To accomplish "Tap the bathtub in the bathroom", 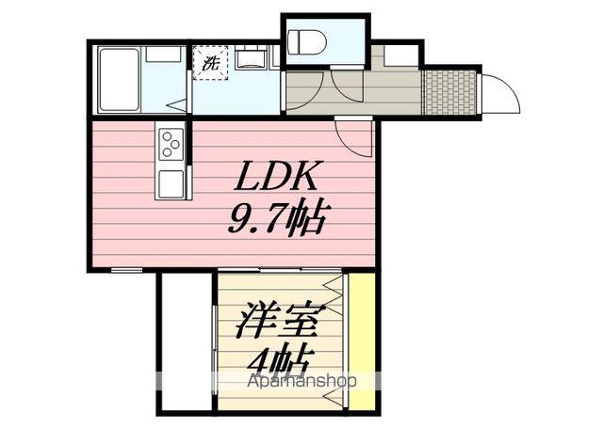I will (119, 80).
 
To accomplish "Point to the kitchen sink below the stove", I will (171, 182).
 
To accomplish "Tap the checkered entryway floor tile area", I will (449, 91).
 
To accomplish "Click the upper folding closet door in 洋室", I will (335, 301).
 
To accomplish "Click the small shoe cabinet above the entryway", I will (399, 55).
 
